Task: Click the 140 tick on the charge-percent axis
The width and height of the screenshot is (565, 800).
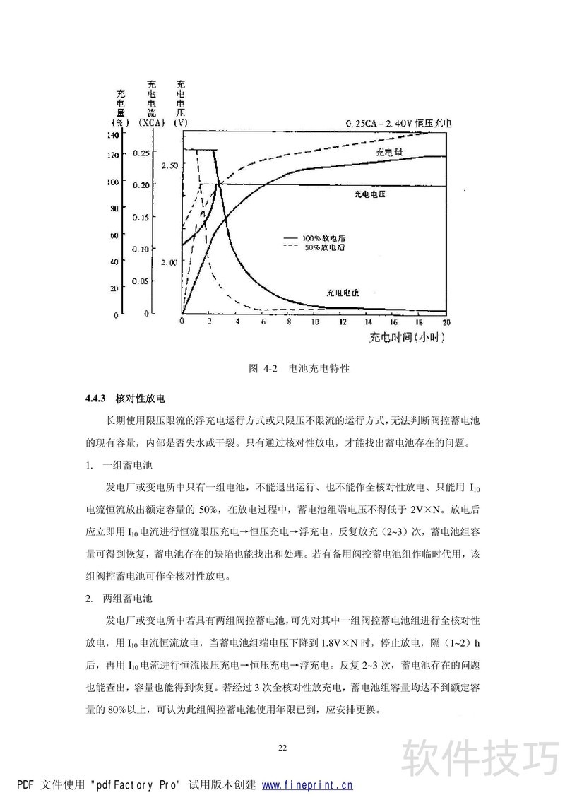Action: (x=112, y=134)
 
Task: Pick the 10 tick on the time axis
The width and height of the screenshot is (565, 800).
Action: (x=314, y=322)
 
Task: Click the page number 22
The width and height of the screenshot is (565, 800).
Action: (x=282, y=748)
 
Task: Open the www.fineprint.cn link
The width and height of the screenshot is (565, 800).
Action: (x=307, y=784)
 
